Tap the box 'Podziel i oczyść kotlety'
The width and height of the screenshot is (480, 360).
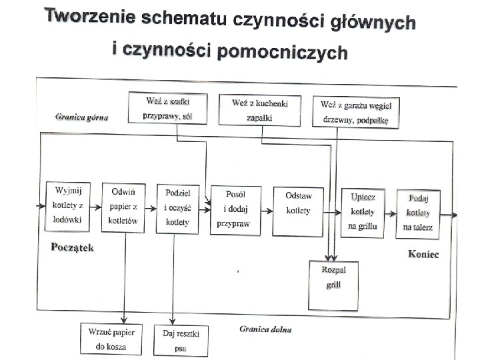(178, 207)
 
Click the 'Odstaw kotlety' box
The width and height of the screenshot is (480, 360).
(294, 206)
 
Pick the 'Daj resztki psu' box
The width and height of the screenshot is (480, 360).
(181, 339)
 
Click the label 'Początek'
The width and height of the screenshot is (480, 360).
(73, 247)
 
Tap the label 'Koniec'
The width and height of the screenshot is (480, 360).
(424, 255)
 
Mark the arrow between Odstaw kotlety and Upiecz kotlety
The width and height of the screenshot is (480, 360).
(331, 211)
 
